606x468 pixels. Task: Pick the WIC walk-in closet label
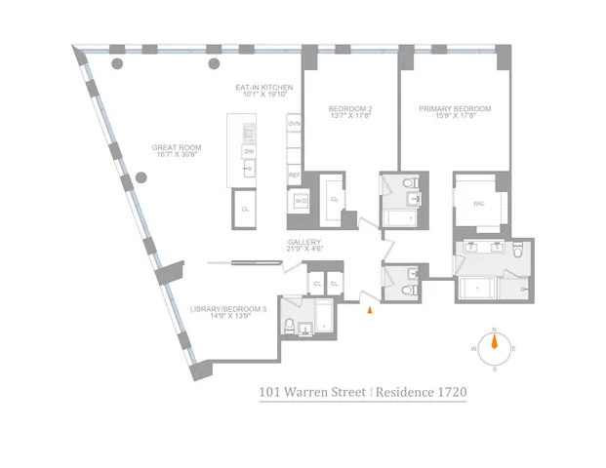[478, 204]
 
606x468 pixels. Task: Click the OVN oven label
[293, 124]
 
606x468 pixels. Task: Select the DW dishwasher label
[249, 152]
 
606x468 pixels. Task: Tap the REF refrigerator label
[293, 175]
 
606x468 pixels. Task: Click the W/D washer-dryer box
[302, 201]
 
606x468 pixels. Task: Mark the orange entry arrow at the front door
[369, 311]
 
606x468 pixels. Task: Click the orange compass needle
[495, 341]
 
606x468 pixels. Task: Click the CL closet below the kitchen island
[246, 209]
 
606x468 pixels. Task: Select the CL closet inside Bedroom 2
[334, 199]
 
